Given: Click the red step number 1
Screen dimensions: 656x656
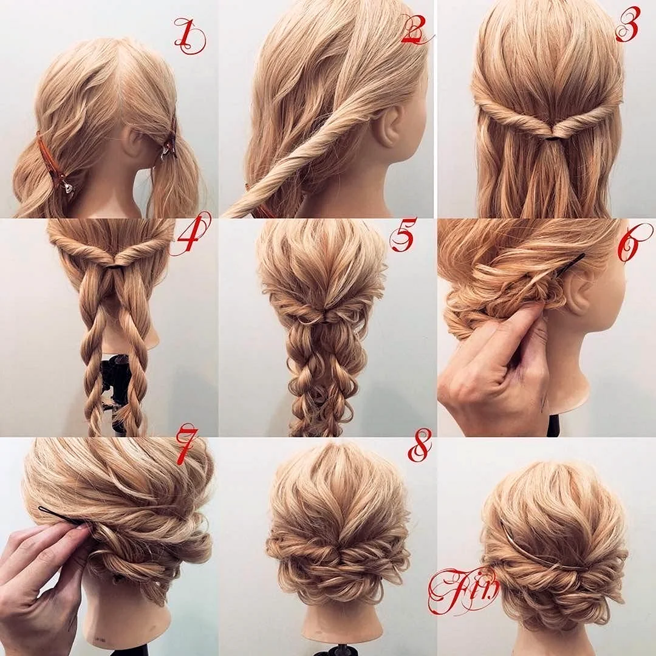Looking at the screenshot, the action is click(190, 37).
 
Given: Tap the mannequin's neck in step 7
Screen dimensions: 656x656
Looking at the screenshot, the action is click(126, 615).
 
